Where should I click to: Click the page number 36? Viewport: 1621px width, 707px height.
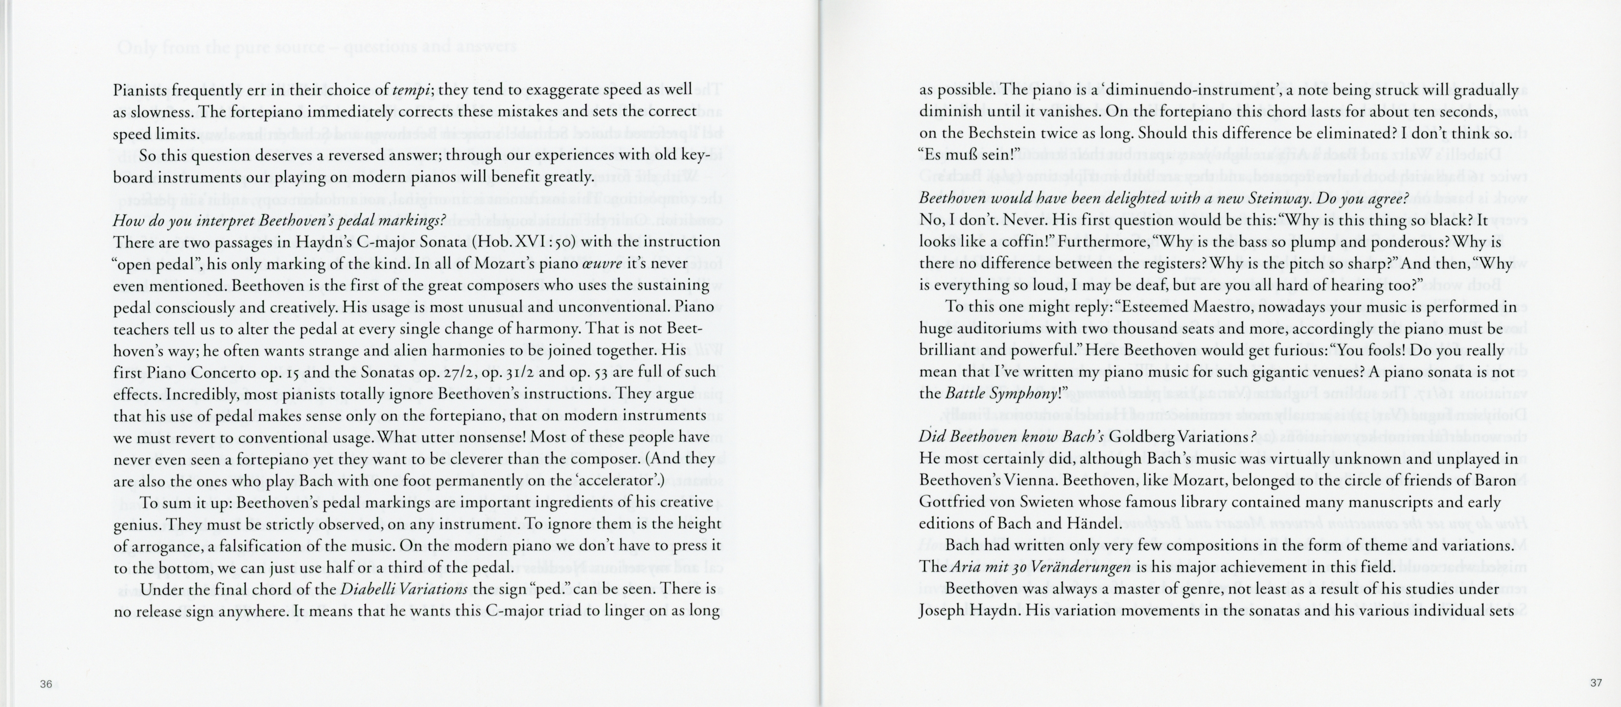pyautogui.click(x=46, y=684)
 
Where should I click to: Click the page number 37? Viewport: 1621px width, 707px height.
pyautogui.click(x=1596, y=683)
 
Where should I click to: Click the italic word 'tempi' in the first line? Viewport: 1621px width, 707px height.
pyautogui.click(x=412, y=90)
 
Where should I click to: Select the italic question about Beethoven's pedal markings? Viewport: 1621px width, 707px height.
pyautogui.click(x=279, y=221)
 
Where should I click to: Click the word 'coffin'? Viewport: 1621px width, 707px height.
pyautogui.click(x=1015, y=242)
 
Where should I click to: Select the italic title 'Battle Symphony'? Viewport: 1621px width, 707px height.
pyautogui.click(x=1002, y=394)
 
